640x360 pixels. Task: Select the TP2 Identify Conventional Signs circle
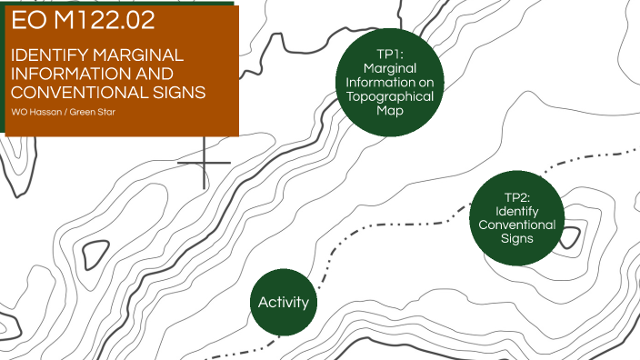(x=518, y=218)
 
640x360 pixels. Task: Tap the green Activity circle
(x=284, y=303)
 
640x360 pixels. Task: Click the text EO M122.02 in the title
(x=83, y=21)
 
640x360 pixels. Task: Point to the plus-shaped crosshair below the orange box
(x=204, y=163)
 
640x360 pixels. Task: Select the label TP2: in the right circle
(x=517, y=196)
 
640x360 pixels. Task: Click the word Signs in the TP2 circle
(x=517, y=238)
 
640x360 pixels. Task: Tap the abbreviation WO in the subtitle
(x=18, y=112)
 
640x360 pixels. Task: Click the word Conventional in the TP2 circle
(x=517, y=225)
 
